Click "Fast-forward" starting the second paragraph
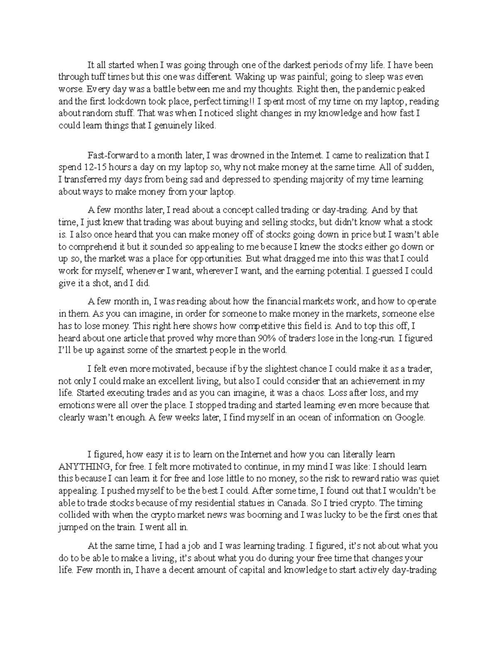110,155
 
